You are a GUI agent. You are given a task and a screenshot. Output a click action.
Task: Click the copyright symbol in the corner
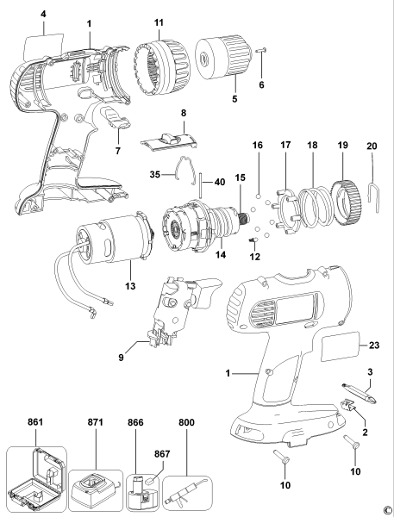tap(387, 509)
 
